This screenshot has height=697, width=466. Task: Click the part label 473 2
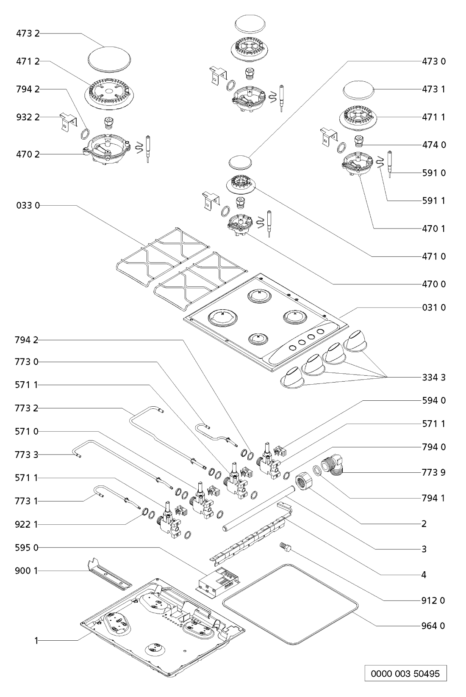[28, 33]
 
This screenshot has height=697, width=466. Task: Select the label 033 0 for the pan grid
[28, 205]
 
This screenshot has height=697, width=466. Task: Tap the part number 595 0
[26, 547]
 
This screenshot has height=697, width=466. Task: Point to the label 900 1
[26, 570]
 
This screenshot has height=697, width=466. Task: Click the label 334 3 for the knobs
[434, 377]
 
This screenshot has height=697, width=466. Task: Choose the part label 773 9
[434, 472]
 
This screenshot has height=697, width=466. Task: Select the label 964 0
[433, 626]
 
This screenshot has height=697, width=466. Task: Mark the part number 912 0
[433, 600]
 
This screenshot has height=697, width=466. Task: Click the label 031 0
[434, 307]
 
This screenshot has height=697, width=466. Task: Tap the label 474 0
[434, 145]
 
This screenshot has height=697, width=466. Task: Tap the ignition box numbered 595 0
[219, 579]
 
